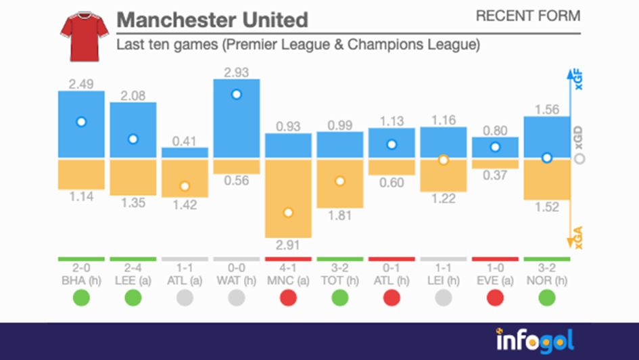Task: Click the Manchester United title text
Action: point(212,20)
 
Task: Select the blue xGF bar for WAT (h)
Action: point(237,119)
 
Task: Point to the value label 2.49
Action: point(81,84)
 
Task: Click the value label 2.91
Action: point(288,244)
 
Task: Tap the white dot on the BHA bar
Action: point(81,122)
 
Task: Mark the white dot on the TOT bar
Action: point(340,181)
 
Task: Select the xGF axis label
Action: point(578,81)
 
